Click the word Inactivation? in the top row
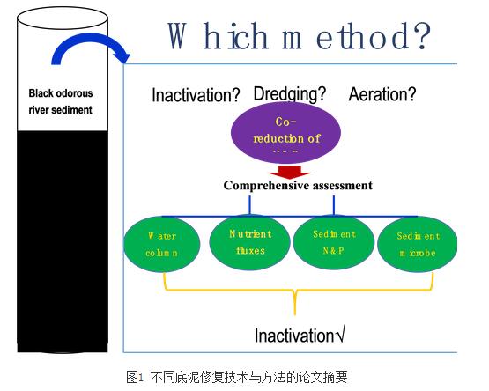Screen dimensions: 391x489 pyautogui.click(x=196, y=95)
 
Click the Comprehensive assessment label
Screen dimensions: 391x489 pyautogui.click(x=298, y=186)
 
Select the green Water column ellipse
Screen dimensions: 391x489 pyautogui.click(x=162, y=244)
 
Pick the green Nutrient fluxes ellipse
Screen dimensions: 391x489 pyautogui.click(x=250, y=242)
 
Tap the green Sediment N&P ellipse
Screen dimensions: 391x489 pyautogui.click(x=334, y=242)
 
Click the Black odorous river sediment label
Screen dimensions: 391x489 pyautogui.click(x=60, y=101)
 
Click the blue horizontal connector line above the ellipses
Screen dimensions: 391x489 pyautogui.click(x=292, y=213)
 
